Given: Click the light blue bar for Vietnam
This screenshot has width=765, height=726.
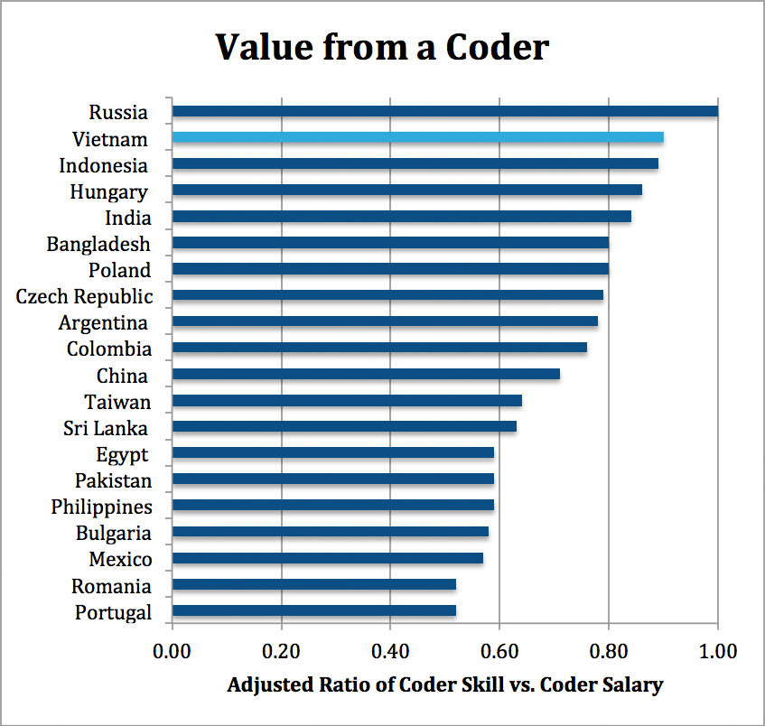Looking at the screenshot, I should click(417, 137).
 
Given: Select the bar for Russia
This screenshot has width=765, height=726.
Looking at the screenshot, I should click(444, 111).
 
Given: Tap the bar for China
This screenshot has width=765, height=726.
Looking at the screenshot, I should click(366, 374).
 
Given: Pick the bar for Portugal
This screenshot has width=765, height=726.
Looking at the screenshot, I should click(313, 610).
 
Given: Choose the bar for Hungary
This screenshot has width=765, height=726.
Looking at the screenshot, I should click(406, 190).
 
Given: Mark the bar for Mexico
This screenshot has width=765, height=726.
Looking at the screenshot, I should click(327, 558).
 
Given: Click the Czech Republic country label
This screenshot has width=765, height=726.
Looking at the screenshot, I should click(84, 297).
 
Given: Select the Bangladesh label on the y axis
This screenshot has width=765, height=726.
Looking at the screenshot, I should click(98, 245).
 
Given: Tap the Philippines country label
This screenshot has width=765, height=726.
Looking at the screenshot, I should click(101, 507).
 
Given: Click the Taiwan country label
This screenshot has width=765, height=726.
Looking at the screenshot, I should click(117, 402).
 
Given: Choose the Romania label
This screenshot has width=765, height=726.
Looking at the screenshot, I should click(111, 587).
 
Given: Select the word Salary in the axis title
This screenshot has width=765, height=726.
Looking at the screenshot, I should click(633, 685).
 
